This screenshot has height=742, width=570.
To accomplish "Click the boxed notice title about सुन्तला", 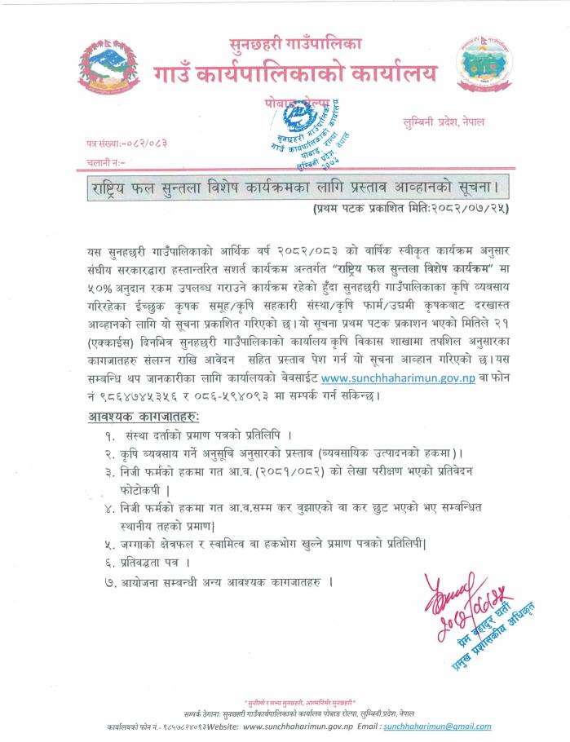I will click(x=299, y=189).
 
